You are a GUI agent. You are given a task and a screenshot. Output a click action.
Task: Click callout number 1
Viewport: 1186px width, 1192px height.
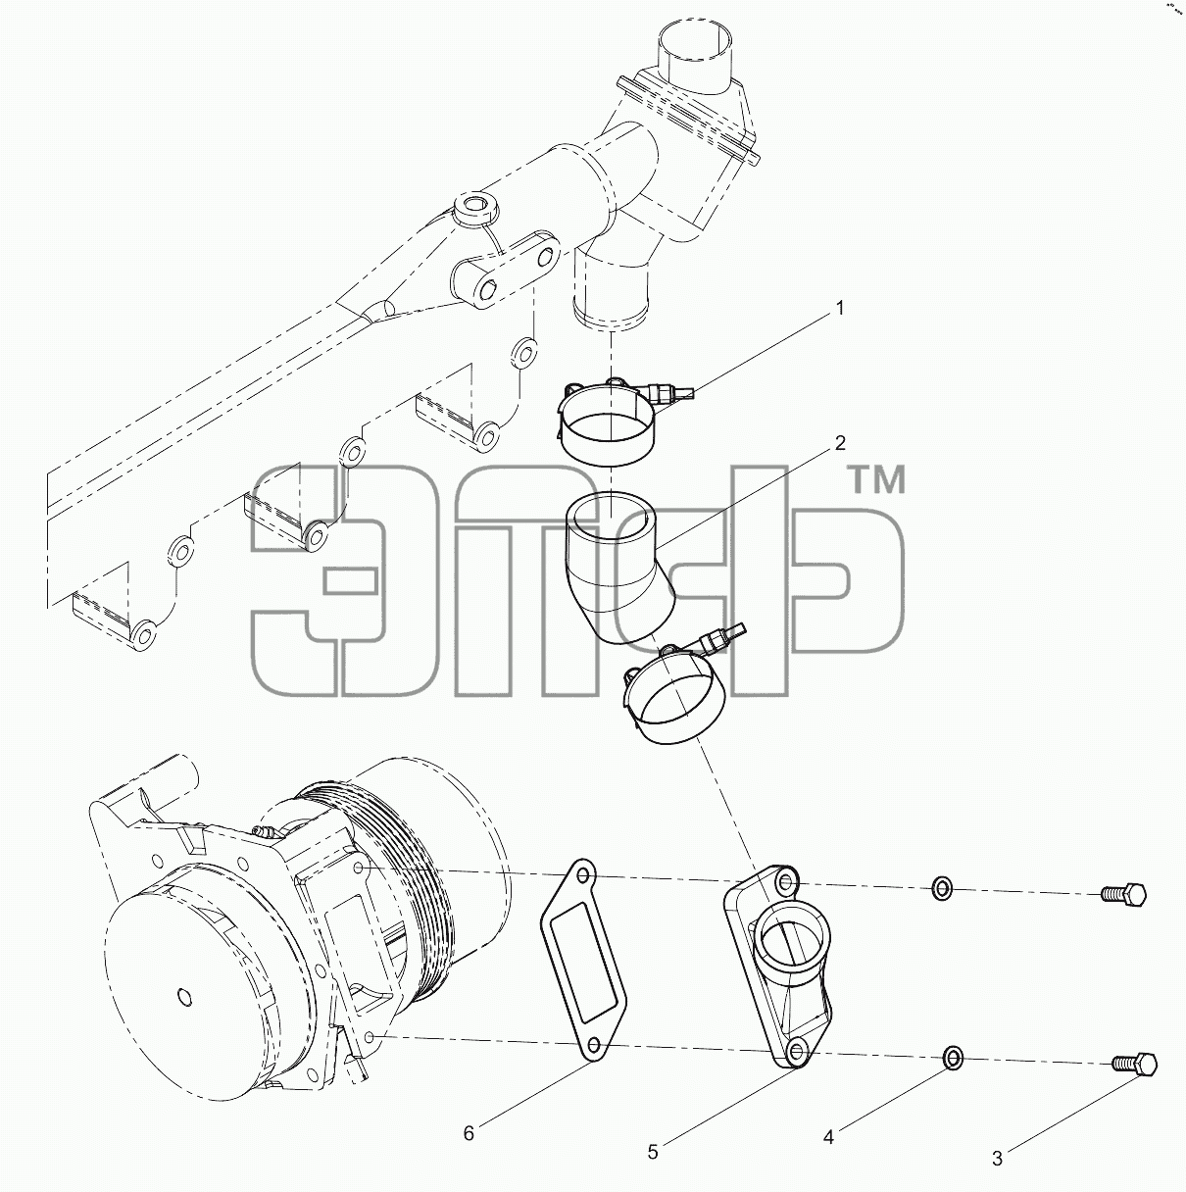840,309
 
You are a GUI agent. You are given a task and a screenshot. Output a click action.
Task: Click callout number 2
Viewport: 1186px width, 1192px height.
840,443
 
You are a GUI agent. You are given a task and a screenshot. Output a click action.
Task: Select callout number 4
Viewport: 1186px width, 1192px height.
828,1137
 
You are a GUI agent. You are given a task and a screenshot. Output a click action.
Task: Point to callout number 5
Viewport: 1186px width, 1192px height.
653,1152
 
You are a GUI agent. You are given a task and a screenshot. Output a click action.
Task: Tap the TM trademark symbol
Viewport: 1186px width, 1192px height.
878,480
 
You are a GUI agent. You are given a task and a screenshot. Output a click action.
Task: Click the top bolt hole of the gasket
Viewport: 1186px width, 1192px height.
582,876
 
